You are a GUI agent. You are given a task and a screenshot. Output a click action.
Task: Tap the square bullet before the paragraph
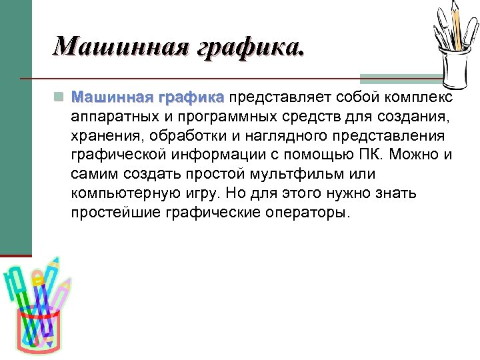point(59,98)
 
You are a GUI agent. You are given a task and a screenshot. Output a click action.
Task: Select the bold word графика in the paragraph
point(191,98)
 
